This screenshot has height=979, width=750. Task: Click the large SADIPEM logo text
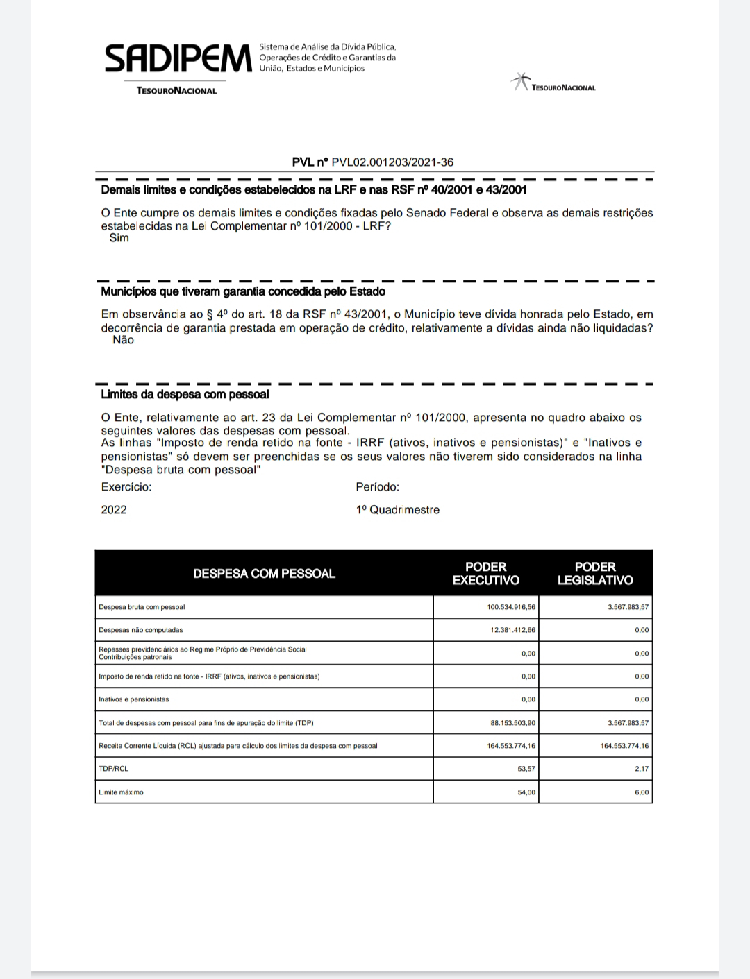178,58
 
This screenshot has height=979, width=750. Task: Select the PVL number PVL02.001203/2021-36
392,162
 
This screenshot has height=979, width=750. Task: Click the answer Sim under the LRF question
119,238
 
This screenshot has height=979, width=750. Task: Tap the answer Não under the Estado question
123,341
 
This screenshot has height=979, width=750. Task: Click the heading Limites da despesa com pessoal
185,395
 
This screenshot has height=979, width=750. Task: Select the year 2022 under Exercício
114,510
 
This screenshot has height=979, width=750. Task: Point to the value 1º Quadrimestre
397,510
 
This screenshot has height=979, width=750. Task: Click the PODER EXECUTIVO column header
485,573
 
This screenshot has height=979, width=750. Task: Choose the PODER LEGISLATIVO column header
595,573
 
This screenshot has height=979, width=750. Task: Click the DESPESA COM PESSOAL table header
264,574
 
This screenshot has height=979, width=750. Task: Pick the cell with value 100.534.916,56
511,607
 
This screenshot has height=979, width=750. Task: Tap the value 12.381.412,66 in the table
513,630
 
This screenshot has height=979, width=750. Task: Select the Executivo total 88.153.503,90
512,723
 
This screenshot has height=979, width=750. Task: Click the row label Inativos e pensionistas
134,699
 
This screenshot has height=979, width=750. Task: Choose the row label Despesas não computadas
141,630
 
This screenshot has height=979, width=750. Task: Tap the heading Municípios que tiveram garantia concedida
243,292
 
